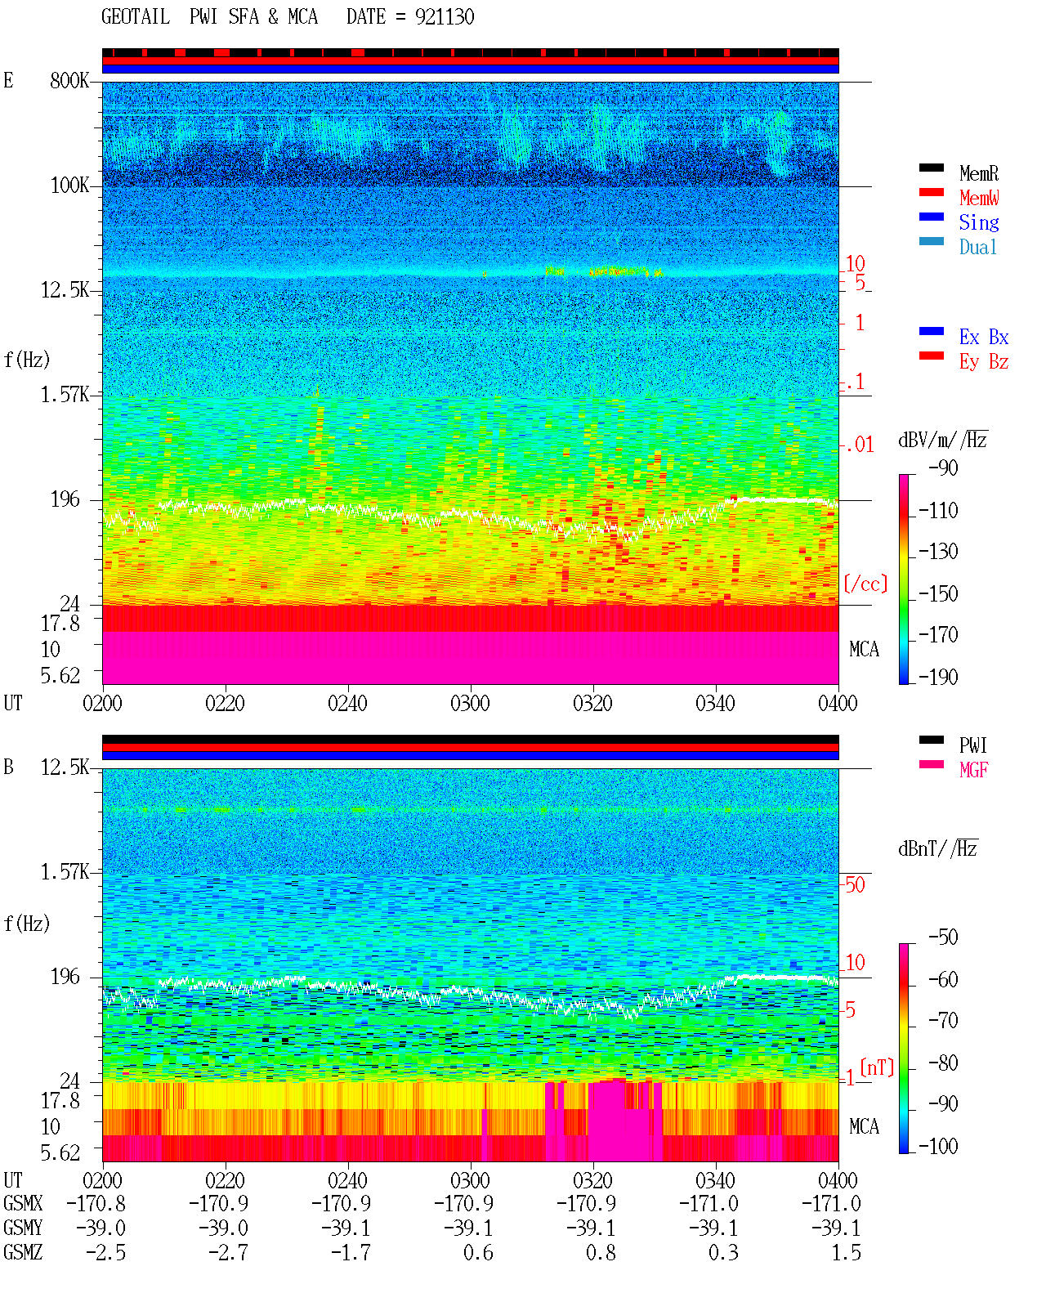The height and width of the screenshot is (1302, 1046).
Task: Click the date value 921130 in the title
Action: [x=444, y=17]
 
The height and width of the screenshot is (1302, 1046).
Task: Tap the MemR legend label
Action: [x=978, y=173]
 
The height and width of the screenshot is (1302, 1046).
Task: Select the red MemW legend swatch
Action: [x=931, y=192]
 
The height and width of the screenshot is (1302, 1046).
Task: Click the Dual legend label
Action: [x=977, y=248]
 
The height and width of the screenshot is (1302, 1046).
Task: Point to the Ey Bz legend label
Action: [x=984, y=362]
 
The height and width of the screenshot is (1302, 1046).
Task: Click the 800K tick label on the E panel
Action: [x=69, y=80]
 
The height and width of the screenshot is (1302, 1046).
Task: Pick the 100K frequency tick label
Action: [x=69, y=186]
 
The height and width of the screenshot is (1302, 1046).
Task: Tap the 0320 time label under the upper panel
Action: [x=593, y=704]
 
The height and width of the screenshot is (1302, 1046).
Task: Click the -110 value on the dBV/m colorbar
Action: [x=938, y=511]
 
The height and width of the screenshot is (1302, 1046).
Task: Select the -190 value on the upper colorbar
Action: [x=938, y=677]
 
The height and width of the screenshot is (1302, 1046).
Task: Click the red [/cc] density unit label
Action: [x=865, y=584]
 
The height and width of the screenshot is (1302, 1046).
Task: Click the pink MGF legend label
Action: [x=973, y=770]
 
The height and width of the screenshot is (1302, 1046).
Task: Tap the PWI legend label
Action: [x=972, y=745]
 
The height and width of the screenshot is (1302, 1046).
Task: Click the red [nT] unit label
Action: [x=877, y=1067]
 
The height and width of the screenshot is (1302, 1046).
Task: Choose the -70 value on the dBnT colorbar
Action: [x=943, y=1021]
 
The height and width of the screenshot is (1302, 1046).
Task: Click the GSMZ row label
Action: [x=23, y=1252]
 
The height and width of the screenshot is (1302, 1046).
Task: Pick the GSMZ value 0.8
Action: [x=601, y=1252]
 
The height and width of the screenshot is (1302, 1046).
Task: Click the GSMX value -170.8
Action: [x=96, y=1204]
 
